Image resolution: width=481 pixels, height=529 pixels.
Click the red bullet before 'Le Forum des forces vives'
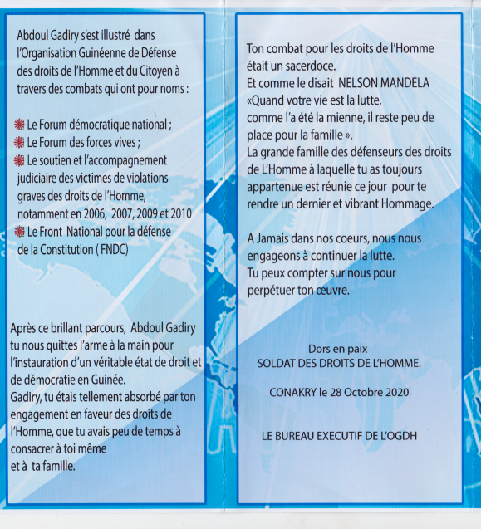coord(20,142)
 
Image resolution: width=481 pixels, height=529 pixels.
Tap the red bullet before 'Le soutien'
coord(20,159)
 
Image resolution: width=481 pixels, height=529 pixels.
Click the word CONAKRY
coord(297,392)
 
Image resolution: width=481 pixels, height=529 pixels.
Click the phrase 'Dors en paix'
coord(338,349)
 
